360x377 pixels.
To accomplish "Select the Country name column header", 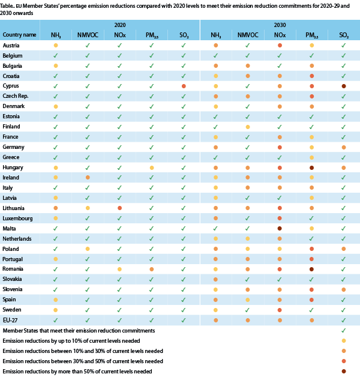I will [x=19, y=35].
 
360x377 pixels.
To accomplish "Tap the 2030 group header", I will [x=280, y=25].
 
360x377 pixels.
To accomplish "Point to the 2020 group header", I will [x=119, y=25].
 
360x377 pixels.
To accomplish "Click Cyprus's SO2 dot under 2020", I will [x=184, y=86].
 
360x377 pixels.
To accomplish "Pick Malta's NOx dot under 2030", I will [x=280, y=228].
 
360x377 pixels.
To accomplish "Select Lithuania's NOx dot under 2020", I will [x=119, y=208].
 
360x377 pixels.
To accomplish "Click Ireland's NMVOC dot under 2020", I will [x=88, y=177].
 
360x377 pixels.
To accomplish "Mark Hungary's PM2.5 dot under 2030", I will [x=311, y=167].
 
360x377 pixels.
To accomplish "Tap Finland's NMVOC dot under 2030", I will [x=248, y=127].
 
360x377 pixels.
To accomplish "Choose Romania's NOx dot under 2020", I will [x=119, y=269].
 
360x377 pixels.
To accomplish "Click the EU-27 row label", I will [x=11, y=320].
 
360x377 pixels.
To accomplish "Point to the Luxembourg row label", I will [x=17, y=218].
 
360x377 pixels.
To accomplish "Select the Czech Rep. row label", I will [x=16, y=96].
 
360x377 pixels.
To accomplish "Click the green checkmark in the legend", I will [x=344, y=331].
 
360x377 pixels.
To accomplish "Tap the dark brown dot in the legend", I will [x=344, y=372].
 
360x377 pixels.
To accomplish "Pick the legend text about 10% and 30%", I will [x=83, y=351].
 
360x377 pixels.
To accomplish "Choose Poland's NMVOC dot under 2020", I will [x=88, y=249].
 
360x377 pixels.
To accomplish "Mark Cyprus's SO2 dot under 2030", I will [x=344, y=86].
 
